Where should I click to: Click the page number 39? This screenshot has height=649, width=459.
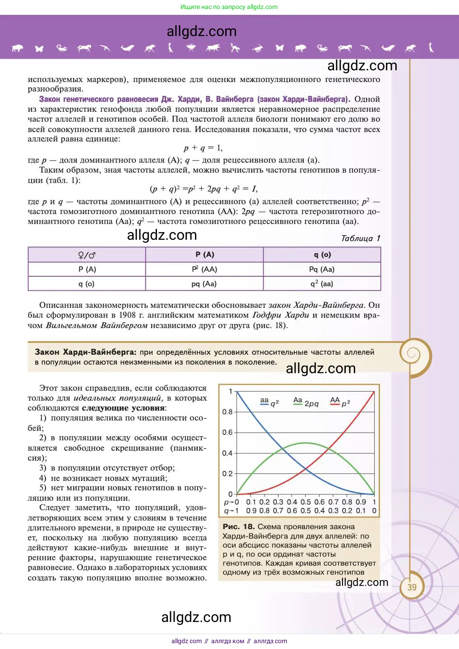pos(412,587)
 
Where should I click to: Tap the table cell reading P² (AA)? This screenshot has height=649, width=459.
pos(204,269)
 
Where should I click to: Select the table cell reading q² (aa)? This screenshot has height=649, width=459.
pos(322,283)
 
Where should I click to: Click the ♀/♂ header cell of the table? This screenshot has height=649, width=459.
pos(87,255)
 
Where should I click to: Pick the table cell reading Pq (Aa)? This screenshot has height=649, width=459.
pos(322,269)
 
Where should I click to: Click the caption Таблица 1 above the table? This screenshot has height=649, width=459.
pos(361,238)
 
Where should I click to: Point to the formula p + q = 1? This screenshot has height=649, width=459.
pos(203,148)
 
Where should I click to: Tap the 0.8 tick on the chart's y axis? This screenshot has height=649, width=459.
pos(227,411)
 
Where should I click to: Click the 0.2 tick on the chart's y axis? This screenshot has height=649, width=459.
pos(227,474)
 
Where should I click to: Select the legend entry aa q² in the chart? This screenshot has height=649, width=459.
pos(269,402)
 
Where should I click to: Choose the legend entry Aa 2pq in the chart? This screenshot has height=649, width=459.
pos(306,402)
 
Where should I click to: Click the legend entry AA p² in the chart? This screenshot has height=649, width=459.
pos(340,402)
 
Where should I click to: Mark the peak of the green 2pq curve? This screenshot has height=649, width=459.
pos(306,443)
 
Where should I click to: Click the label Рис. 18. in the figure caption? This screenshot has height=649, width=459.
pos(239,526)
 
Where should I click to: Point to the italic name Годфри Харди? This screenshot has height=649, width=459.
pos(281,315)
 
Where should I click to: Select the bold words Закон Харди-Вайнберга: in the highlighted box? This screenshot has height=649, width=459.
pos(85,352)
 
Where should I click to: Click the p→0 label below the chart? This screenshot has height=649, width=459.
pos(232,502)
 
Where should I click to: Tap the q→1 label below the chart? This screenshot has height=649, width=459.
pos(232,511)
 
